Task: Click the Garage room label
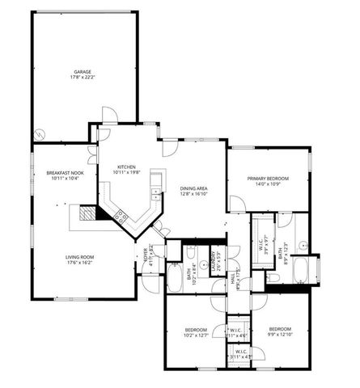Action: (83, 72)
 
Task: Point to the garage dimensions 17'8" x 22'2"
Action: (83, 78)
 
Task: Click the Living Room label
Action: (81, 257)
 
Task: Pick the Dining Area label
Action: (194, 188)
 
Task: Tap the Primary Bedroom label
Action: (268, 178)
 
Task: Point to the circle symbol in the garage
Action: (37, 133)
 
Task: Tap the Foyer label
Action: (146, 254)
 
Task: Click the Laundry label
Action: (213, 259)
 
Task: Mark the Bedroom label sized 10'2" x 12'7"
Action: (197, 330)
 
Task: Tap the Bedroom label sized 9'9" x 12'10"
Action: (280, 330)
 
